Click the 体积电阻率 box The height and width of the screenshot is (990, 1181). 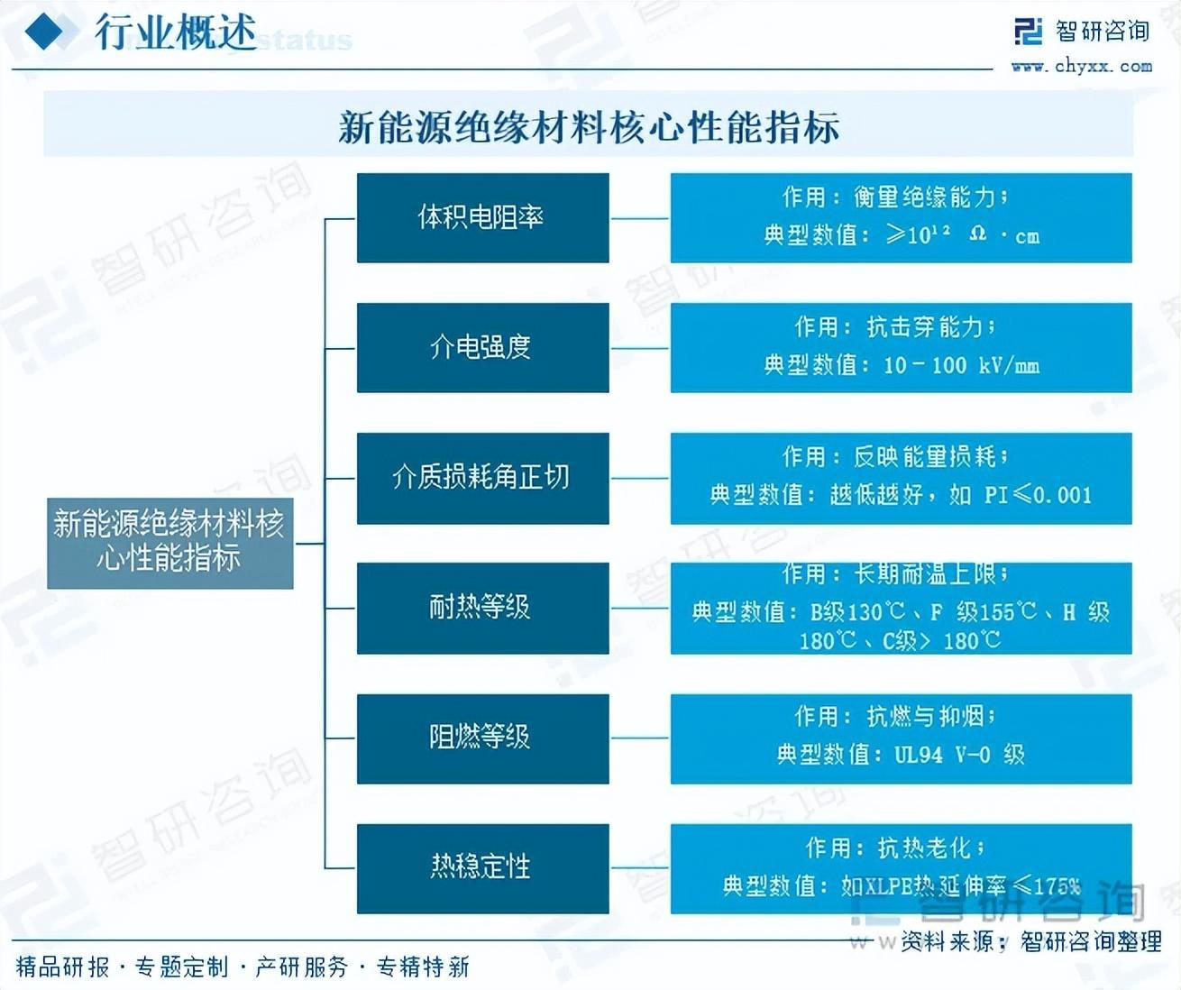(x=482, y=218)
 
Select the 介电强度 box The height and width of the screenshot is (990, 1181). (x=482, y=347)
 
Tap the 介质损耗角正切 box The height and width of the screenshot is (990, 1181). (x=482, y=477)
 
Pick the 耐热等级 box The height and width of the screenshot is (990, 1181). (x=482, y=607)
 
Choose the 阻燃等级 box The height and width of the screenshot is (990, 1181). (x=482, y=738)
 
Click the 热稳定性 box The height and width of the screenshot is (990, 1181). (x=482, y=867)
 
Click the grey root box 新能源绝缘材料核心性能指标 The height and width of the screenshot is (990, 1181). (x=169, y=542)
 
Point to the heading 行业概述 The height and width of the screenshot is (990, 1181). (x=176, y=32)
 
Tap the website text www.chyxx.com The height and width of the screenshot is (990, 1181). (x=1081, y=66)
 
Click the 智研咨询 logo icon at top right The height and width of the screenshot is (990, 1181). (x=1028, y=31)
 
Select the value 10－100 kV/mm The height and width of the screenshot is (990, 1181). (x=961, y=366)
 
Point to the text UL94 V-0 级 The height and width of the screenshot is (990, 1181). (x=959, y=755)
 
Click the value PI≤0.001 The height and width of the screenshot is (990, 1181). (x=1037, y=495)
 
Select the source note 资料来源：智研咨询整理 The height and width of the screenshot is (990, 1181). (x=1030, y=941)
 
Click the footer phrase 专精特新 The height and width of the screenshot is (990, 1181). (x=423, y=967)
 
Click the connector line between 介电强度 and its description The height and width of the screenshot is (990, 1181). (x=639, y=348)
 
